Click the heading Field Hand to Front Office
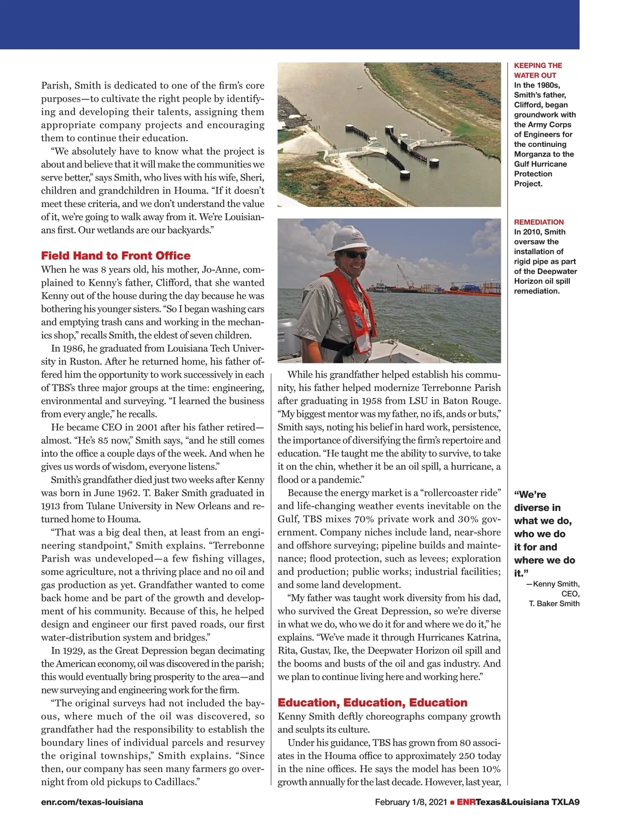tap(115, 256)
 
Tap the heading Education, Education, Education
tap(372, 703)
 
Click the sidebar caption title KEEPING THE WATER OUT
tap(538, 70)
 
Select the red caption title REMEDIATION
tap(539, 222)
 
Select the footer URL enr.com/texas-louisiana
tap(92, 802)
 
